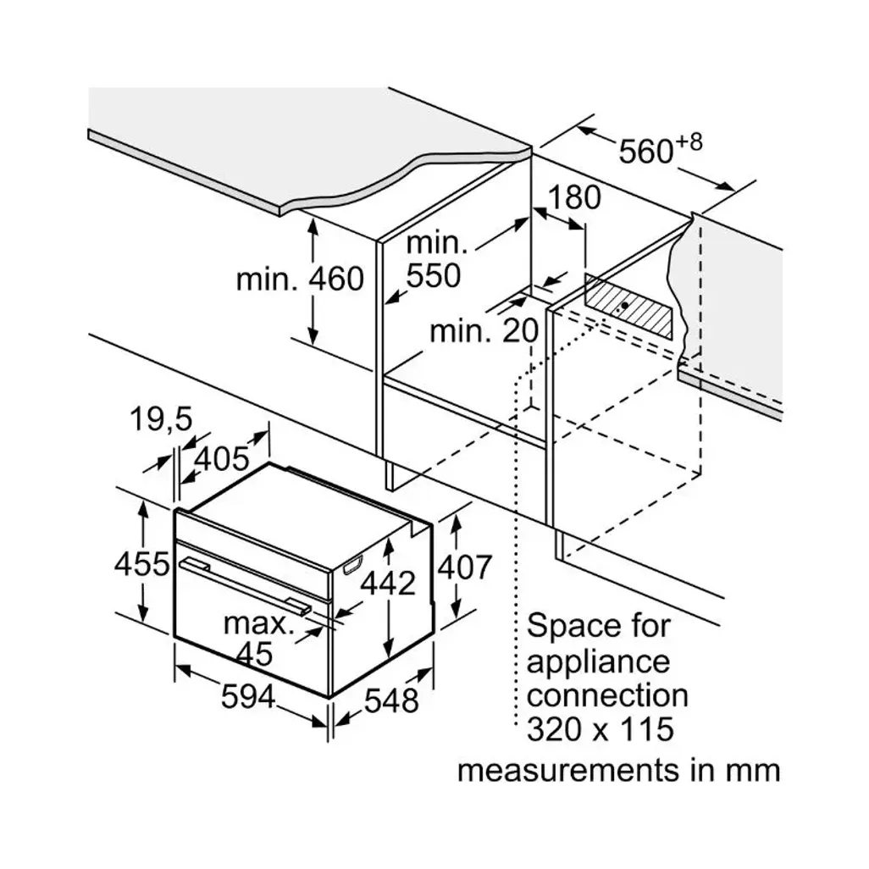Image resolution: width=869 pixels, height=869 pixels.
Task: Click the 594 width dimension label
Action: [248, 697]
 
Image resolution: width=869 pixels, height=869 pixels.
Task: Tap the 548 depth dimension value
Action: [392, 700]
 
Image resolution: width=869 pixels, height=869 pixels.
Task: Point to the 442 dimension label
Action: [388, 584]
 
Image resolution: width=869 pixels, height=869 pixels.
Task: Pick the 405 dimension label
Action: [222, 459]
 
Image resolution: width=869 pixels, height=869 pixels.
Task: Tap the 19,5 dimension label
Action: [161, 418]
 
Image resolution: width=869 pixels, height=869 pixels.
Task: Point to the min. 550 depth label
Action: [435, 260]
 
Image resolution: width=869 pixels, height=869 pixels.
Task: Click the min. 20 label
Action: [484, 331]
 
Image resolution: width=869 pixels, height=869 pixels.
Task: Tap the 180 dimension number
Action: [573, 198]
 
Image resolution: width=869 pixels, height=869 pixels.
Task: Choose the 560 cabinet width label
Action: [645, 152]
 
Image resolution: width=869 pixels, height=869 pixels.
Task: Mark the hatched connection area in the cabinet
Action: [630, 306]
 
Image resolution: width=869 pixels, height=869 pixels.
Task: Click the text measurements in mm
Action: [618, 771]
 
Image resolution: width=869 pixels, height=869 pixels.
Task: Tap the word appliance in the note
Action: [597, 661]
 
